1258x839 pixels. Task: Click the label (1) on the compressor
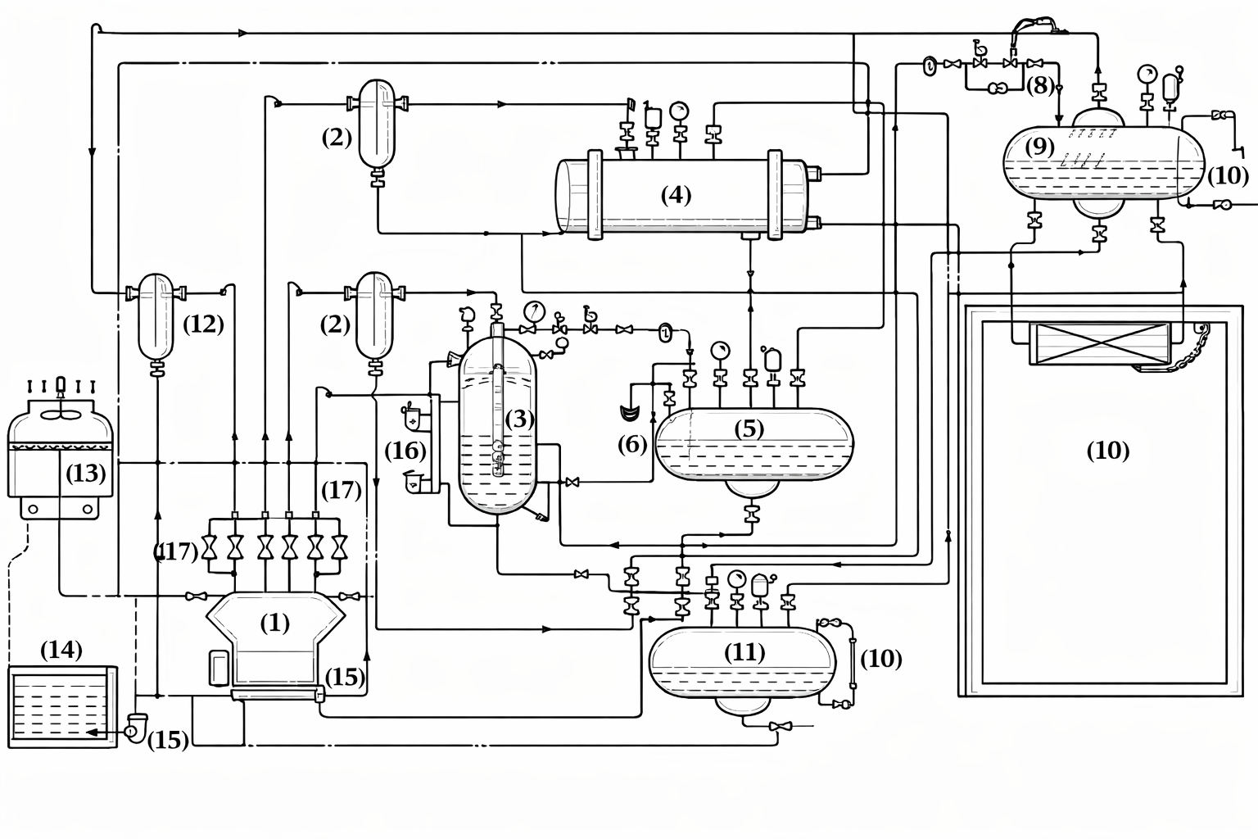[x=274, y=624]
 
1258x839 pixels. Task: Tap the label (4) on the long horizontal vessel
[x=676, y=195]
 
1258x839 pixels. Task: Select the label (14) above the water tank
[x=61, y=650]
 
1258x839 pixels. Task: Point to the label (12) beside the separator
[x=202, y=324]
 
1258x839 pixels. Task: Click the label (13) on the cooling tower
[x=86, y=473]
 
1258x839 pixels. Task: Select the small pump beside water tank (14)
[x=135, y=726]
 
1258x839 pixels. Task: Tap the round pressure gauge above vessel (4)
[x=679, y=111]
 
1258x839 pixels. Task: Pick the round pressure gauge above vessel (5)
[x=720, y=351]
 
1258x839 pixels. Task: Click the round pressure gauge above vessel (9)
[x=1147, y=74]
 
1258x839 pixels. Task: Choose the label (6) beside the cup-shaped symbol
[x=631, y=444]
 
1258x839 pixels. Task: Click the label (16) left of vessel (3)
[x=405, y=451]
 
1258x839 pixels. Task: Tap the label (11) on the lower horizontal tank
[x=744, y=652]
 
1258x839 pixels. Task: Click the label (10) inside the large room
[x=1107, y=450]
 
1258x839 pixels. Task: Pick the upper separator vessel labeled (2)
[x=377, y=123]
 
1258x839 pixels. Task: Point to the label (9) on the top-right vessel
[x=1039, y=147]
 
